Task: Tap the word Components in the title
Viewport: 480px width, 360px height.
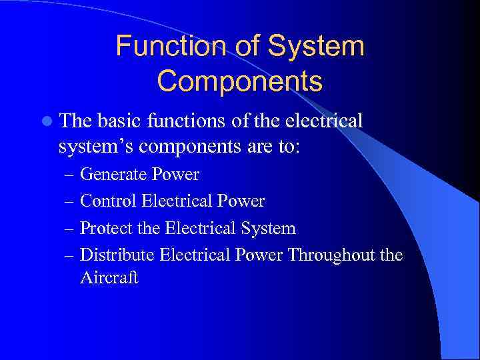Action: [240, 81]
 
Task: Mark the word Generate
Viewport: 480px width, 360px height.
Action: [113, 175]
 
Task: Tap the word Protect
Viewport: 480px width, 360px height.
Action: [105, 229]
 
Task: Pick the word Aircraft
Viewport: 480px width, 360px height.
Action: [109, 278]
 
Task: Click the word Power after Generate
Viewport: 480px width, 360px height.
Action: [175, 175]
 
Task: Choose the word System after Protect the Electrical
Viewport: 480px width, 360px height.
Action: [269, 229]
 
